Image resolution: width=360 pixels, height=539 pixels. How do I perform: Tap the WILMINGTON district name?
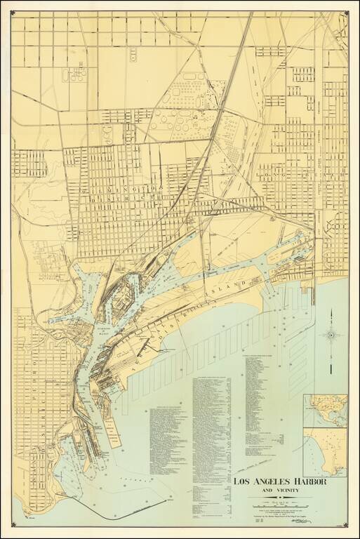(x=112, y=189)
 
